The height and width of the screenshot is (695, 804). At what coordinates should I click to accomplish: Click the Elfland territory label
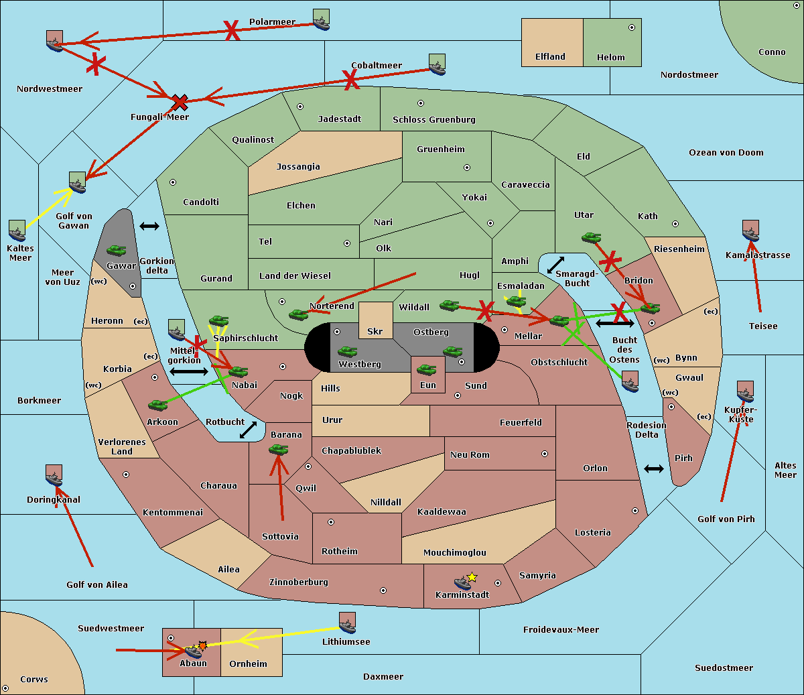point(550,57)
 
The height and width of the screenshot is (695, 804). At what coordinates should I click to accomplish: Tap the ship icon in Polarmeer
point(321,20)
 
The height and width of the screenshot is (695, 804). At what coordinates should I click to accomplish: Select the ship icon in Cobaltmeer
point(437,65)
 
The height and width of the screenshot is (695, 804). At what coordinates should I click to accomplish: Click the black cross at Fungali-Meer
point(180,103)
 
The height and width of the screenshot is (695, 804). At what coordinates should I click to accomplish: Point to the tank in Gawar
point(117,251)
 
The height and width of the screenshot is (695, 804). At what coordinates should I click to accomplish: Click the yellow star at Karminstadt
point(472,577)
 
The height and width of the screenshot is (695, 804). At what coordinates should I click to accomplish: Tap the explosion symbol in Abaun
point(202,645)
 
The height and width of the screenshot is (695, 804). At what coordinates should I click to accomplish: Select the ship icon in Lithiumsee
point(347,623)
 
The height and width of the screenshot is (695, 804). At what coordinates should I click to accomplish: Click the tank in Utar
point(591,237)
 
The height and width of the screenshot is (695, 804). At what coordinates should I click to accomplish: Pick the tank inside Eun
point(427,369)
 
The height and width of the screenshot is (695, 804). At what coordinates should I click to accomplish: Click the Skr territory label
point(375,331)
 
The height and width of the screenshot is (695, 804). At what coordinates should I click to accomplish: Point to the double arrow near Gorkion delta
point(149,226)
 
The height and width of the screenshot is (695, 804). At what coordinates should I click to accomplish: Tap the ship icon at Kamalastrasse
point(750,231)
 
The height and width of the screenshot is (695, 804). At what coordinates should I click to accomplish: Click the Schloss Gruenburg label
point(433,120)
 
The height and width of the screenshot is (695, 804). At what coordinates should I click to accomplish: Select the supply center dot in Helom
point(631,27)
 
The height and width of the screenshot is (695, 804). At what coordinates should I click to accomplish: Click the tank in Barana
point(278,450)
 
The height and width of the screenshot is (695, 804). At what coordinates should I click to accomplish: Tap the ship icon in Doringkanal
point(54,476)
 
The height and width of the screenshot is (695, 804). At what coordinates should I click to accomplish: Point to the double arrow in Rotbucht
point(248,430)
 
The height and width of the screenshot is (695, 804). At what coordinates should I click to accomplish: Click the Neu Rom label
point(470,454)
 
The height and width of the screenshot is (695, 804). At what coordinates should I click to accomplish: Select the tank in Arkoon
point(157,405)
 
